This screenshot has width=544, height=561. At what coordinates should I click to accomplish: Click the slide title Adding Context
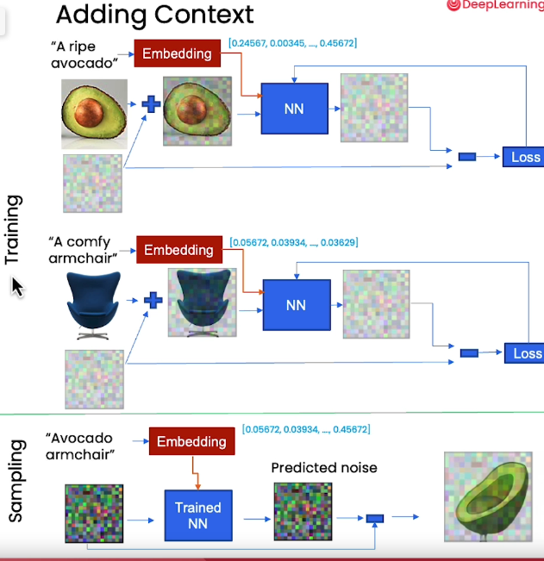(154, 14)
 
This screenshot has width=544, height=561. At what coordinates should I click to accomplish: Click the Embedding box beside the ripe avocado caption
(177, 53)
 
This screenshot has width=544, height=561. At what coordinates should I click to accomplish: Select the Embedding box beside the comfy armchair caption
(178, 250)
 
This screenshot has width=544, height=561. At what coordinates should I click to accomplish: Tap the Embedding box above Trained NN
(191, 441)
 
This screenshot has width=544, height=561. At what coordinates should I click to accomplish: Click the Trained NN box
(199, 514)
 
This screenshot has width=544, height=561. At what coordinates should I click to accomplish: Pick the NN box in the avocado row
(295, 109)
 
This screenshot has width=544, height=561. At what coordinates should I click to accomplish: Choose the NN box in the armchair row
(296, 304)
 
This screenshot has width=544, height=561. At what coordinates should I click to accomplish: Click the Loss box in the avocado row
(525, 156)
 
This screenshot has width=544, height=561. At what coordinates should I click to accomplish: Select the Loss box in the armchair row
(527, 353)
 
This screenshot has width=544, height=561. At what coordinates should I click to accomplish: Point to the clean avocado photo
(95, 112)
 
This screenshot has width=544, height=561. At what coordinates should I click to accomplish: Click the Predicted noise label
(323, 468)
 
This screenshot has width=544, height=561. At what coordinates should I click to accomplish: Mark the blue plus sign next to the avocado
(151, 104)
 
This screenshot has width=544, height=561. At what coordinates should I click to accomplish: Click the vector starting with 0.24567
(292, 42)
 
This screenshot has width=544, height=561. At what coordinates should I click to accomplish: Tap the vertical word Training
(12, 229)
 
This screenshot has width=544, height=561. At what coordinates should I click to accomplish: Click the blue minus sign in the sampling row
(375, 519)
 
